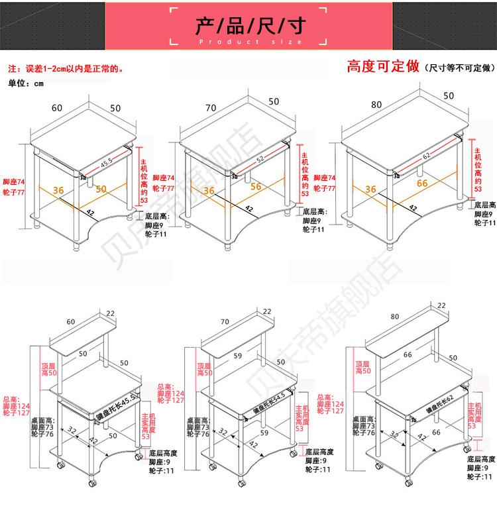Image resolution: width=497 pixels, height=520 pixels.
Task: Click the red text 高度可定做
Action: (384, 66)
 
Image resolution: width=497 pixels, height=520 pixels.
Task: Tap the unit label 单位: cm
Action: (25, 83)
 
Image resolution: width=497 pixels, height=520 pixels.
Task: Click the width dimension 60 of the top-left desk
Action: (56, 107)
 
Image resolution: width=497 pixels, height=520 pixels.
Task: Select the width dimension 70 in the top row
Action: (211, 107)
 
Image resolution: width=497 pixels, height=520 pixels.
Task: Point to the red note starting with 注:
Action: (65, 68)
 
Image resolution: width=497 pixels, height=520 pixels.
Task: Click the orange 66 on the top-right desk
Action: (422, 183)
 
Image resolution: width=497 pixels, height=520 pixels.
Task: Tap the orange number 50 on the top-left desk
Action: (101, 190)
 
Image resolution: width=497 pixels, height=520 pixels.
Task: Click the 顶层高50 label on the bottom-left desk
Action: (49, 369)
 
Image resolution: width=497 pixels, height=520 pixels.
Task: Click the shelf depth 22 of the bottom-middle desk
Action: (267, 311)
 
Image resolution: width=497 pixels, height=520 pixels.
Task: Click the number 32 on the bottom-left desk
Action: (72, 431)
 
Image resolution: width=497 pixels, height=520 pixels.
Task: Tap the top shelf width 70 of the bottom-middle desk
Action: (225, 322)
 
